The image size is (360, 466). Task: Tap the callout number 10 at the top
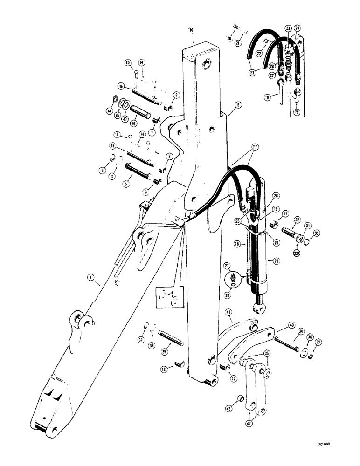tap(190, 30)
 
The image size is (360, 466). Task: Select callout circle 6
tap(237, 106)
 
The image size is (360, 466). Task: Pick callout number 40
tap(291, 325)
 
